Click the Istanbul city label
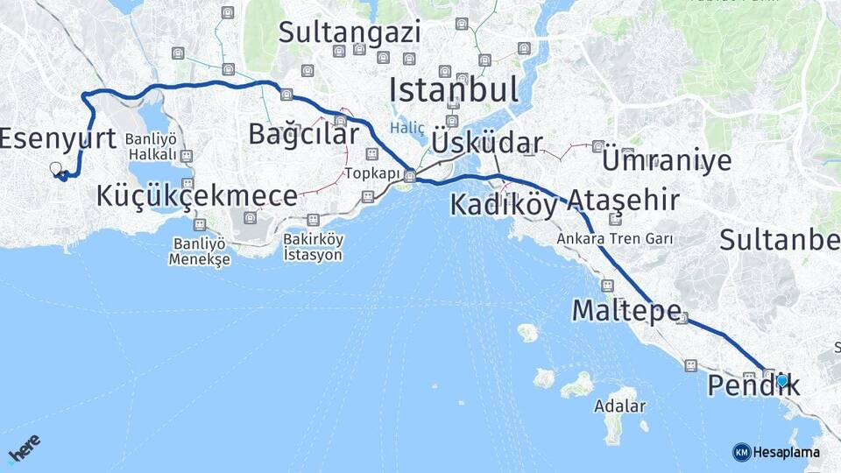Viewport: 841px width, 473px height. (453, 90)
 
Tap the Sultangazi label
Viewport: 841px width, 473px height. (350, 32)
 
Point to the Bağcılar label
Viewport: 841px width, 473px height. (303, 134)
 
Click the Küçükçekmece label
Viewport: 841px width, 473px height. (185, 195)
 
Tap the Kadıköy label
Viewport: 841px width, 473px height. (504, 205)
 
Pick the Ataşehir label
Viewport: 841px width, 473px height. (623, 201)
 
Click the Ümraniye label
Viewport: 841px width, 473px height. (667, 160)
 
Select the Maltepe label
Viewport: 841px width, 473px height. (626, 310)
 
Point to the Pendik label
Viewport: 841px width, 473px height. (753, 385)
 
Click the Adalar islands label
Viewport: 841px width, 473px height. (619, 406)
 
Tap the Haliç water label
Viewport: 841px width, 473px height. (407, 128)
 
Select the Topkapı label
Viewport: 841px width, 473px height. (372, 173)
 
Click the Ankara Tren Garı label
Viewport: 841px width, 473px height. (614, 238)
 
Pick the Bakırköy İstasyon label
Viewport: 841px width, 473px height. (313, 247)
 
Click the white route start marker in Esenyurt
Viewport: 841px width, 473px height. (56, 168)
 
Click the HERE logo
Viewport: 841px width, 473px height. (24, 448)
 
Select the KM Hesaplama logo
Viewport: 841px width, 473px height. (776, 452)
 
